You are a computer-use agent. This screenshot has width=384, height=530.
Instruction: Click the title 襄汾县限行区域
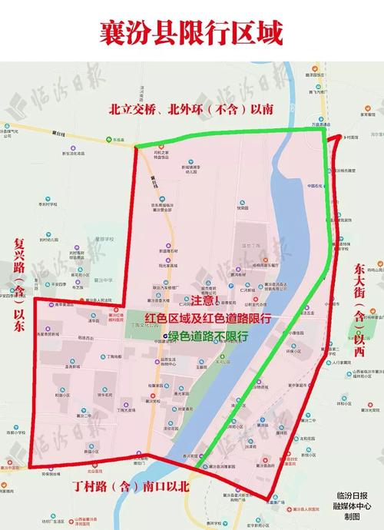point(191,33)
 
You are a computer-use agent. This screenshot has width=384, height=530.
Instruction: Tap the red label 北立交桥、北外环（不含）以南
point(192,110)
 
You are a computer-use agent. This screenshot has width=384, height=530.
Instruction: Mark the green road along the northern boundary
point(230,137)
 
